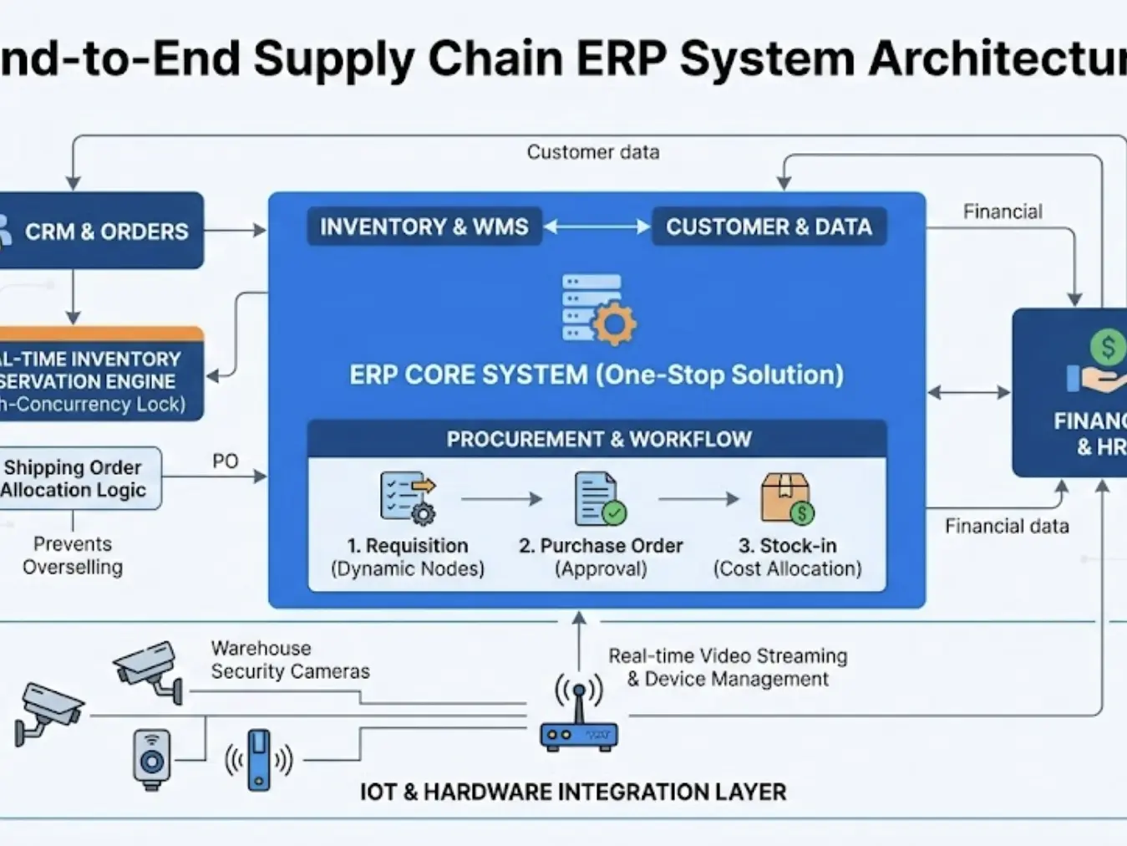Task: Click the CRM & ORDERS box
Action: tap(100, 231)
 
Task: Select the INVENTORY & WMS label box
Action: tap(424, 227)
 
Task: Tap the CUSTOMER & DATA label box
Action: tap(769, 227)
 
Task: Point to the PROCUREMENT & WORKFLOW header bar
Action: tap(597, 439)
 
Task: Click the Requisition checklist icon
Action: tap(408, 498)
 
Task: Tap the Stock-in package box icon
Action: tap(787, 499)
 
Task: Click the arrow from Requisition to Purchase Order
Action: tap(501, 499)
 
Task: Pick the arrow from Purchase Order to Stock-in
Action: tap(698, 499)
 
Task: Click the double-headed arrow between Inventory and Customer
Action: tap(597, 227)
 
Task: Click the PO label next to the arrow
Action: tap(225, 461)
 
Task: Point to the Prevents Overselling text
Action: tap(73, 555)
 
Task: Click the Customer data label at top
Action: tap(592, 152)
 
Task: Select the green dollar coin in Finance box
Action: tap(1108, 346)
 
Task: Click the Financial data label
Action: tap(1007, 526)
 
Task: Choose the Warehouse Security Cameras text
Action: tap(289, 660)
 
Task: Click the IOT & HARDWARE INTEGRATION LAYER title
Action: tap(572, 792)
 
